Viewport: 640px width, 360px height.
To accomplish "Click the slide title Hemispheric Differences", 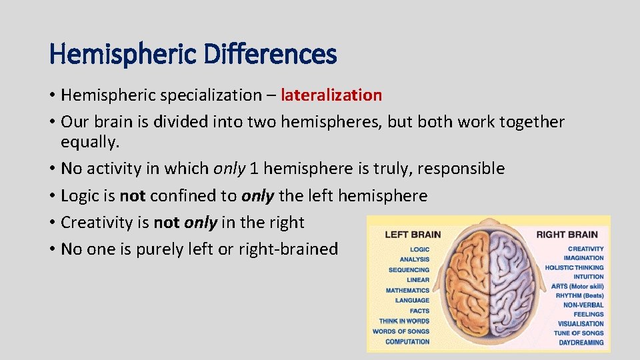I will click(x=193, y=54).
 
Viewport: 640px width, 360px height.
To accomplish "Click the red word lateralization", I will click(x=331, y=95).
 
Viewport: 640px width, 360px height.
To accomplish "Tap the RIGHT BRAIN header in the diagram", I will click(x=567, y=234).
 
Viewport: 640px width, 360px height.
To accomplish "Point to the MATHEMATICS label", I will click(x=407, y=291).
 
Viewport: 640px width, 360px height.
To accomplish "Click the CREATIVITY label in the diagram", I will click(x=585, y=249).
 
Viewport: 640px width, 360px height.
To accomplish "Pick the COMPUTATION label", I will click(x=407, y=342).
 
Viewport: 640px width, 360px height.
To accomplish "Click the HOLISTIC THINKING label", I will click(x=574, y=267).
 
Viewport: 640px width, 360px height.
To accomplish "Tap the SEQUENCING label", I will click(x=409, y=270).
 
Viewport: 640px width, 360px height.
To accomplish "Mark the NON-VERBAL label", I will click(x=583, y=305).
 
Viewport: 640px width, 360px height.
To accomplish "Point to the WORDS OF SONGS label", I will click(x=401, y=331).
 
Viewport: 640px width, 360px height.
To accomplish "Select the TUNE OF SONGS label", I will click(x=579, y=333).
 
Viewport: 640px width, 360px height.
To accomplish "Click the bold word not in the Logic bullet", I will click(x=132, y=196).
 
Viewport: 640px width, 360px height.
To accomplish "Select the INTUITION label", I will click(x=588, y=277).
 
